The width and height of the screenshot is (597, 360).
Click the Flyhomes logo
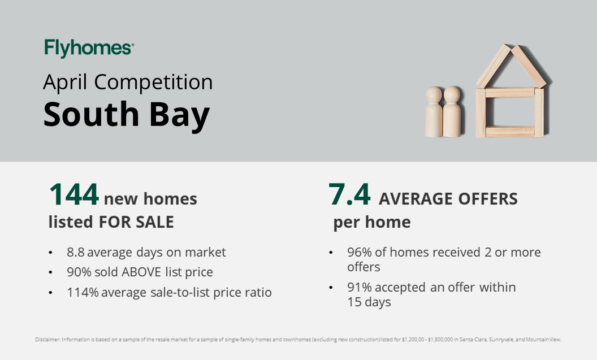coord(89,49)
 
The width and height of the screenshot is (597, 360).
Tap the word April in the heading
coord(65,83)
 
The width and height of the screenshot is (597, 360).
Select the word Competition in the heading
coord(153,82)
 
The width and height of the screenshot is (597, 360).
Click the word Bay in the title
coord(179,115)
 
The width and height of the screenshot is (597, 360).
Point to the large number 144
coord(74,194)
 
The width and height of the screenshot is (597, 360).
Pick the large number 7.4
coord(349,194)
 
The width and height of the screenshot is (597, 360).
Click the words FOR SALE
coord(136,222)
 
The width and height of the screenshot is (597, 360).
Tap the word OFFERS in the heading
coord(488,198)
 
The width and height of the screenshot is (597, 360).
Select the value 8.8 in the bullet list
coord(75,252)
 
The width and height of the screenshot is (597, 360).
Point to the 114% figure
coord(83,292)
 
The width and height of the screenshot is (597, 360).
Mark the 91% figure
coord(359,287)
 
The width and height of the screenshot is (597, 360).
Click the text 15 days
coord(369,302)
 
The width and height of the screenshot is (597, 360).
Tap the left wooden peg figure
coord(434,112)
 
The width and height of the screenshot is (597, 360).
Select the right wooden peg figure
coord(452,111)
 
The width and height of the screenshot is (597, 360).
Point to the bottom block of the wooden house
coord(510,131)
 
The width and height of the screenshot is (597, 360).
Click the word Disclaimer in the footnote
coord(47,340)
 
